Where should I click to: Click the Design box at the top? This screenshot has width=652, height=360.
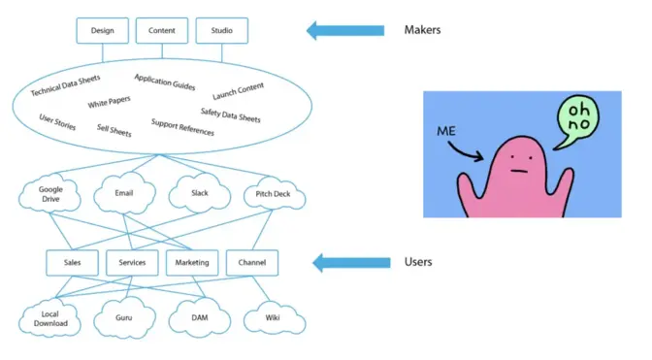103,30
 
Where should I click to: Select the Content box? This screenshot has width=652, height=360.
161,30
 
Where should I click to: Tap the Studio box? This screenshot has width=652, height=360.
221,30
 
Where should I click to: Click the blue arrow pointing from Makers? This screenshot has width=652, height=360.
345,30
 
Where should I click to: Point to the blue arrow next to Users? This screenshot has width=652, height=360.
345,262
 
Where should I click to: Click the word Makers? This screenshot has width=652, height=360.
423,30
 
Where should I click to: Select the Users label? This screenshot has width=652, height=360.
418,262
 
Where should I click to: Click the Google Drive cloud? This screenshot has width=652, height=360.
51,194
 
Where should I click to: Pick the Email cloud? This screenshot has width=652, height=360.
124,193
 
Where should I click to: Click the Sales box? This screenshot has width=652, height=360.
72,262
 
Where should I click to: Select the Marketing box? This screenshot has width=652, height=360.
191,262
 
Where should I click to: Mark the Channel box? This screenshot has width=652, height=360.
251,262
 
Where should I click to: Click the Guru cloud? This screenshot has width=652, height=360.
124,316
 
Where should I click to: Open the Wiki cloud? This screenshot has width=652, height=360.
272,316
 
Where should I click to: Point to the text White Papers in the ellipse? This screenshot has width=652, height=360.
110,103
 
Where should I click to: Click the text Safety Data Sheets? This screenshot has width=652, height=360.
231,115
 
